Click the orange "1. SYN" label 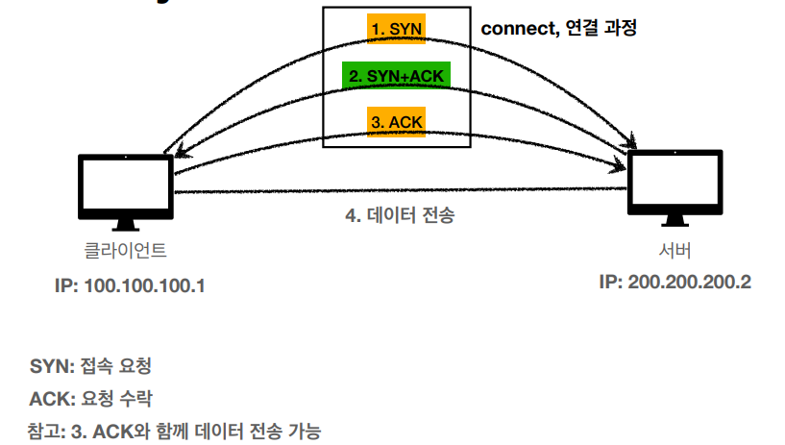click(396, 29)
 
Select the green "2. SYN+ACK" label click(396, 75)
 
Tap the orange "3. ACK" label click(396, 122)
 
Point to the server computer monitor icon click(675, 183)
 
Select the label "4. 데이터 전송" click(400, 215)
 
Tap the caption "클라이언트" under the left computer click(126, 252)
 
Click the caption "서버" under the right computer click(675, 252)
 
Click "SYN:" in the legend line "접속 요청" click(51, 366)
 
